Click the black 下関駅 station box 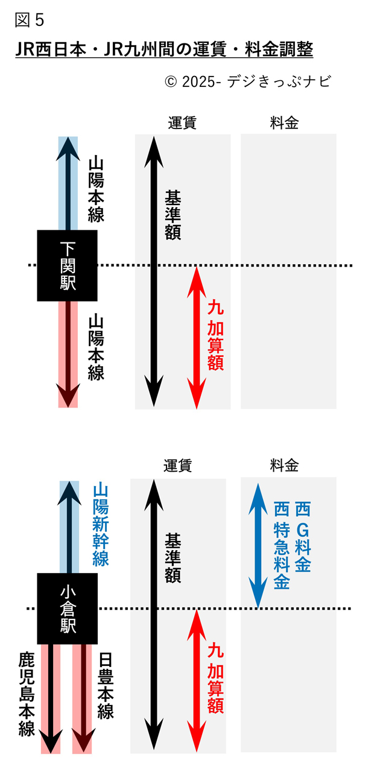[x=68, y=265]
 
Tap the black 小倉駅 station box [x=68, y=609]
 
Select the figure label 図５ [x=30, y=21]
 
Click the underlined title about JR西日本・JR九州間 [x=164, y=49]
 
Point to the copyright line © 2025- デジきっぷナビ [x=248, y=81]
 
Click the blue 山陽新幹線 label [x=101, y=524]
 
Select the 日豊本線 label [x=106, y=685]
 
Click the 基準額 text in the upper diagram [x=173, y=215]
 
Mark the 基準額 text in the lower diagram [x=173, y=558]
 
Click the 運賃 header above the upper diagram [x=182, y=122]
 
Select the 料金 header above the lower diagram [x=284, y=465]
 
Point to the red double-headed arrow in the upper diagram [x=195, y=338]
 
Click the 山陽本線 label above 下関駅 [x=96, y=189]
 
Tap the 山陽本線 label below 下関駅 [x=96, y=347]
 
